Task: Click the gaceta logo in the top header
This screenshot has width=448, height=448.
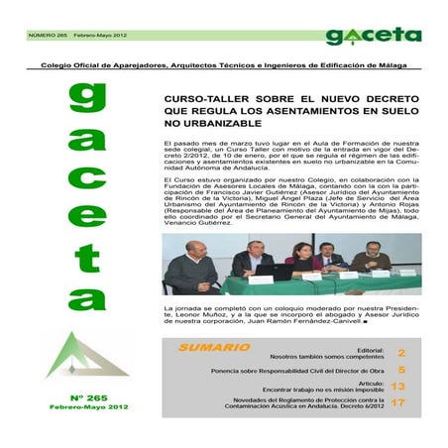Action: coord(373,36)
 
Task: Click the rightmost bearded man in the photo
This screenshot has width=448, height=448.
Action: coord(374,259)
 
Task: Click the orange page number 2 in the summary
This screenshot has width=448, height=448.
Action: coord(401,353)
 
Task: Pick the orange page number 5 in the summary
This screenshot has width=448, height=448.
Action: coord(401,370)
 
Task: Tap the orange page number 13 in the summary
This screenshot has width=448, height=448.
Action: coord(398,386)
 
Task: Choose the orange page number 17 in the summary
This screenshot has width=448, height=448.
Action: coord(398,402)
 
